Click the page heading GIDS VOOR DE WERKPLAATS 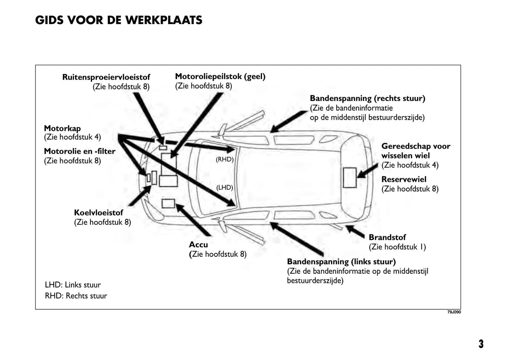tap(118, 20)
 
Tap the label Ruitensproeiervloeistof tap(106, 77)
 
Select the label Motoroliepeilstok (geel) tap(220, 76)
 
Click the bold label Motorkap tap(62, 128)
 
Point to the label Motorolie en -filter tap(80, 151)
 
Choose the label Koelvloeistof tap(98, 213)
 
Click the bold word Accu tap(198, 244)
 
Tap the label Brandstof tap(387, 237)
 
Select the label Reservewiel tap(404, 179)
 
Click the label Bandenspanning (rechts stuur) tap(367, 98)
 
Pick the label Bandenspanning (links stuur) tap(341, 261)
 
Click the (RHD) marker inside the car tap(225, 159)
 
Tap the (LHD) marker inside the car tap(225, 188)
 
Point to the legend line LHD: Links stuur tap(73, 285)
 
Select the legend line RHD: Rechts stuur tap(76, 296)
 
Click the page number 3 tap(481, 344)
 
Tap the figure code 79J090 tap(454, 312)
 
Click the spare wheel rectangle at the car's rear tap(350, 178)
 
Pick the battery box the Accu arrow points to tap(168, 203)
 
